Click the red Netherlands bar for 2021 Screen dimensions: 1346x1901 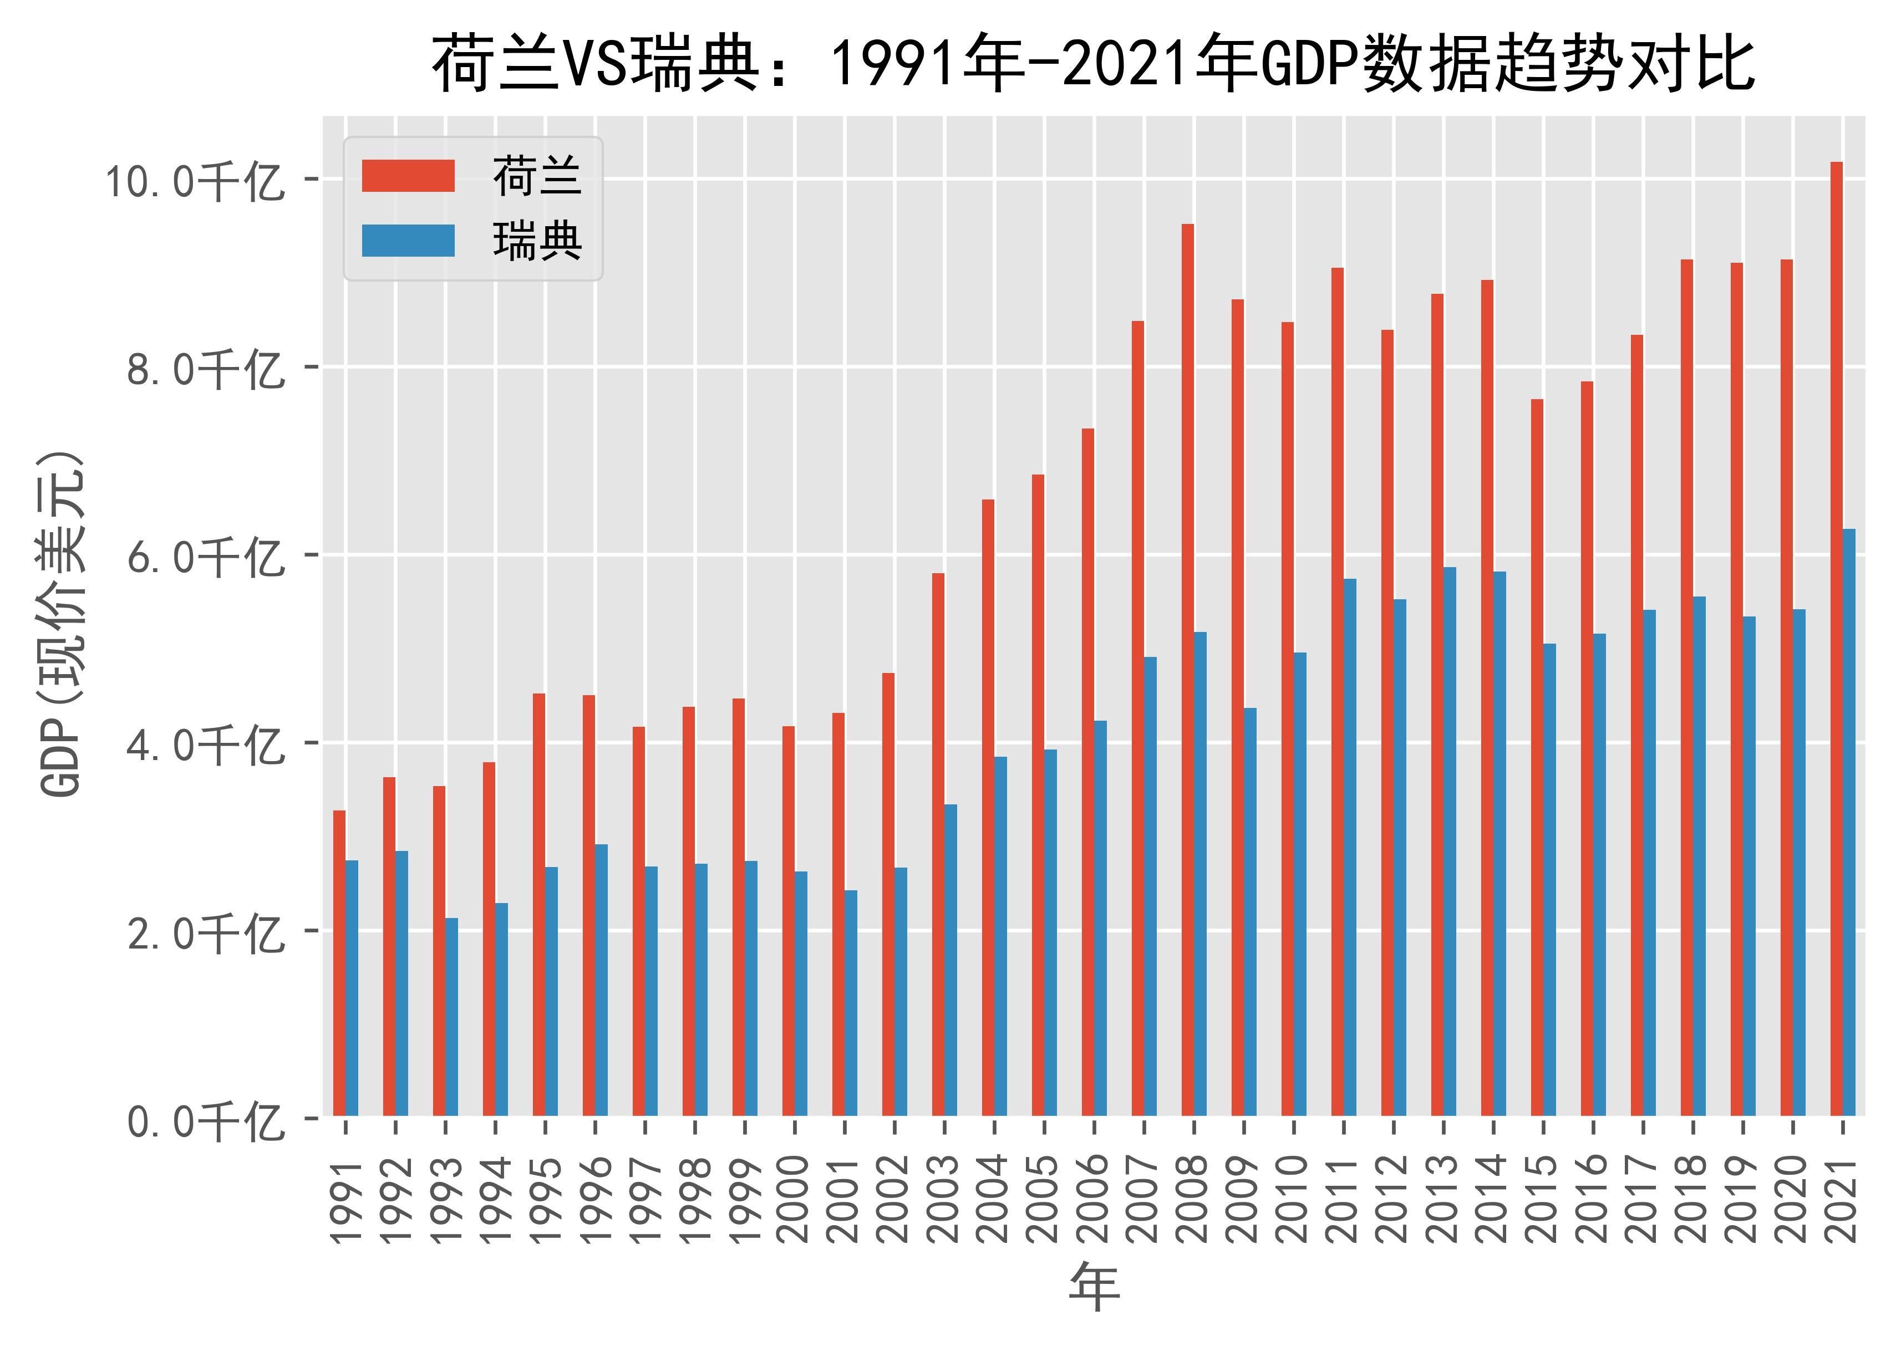(1836, 638)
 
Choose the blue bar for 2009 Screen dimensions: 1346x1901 (1250, 912)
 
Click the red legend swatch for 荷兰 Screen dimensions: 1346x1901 (408, 176)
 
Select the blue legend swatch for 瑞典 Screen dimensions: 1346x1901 (408, 241)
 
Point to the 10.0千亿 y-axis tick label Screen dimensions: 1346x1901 (193, 181)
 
